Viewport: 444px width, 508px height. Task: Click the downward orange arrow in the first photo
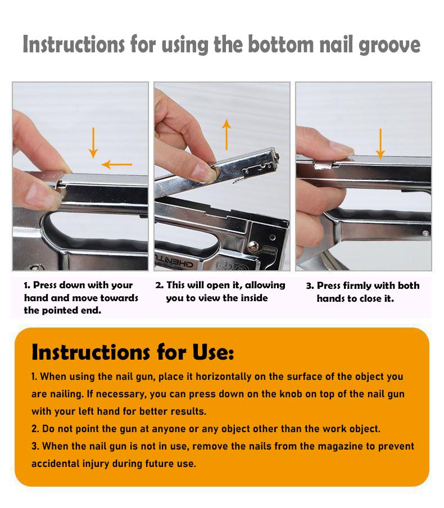point(93,143)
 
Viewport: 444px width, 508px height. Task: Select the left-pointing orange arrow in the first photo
point(117,165)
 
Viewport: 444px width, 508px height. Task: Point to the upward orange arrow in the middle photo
point(226,135)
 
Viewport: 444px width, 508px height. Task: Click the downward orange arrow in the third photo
point(380,144)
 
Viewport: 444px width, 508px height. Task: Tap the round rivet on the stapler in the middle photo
point(253,245)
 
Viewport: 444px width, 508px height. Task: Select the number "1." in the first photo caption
point(28,285)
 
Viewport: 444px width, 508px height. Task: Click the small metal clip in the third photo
point(323,165)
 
